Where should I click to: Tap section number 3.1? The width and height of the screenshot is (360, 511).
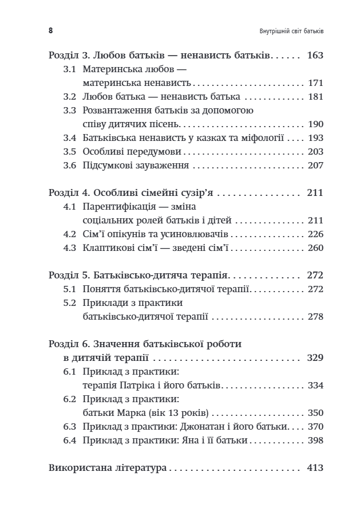pyautogui.click(x=70, y=69)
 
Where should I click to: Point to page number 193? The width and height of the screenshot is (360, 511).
pyautogui.click(x=315, y=138)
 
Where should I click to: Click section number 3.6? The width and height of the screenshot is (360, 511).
pyautogui.click(x=70, y=166)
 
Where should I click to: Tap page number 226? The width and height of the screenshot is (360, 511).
pyautogui.click(x=315, y=234)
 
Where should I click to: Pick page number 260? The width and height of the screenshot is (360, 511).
pyautogui.click(x=315, y=248)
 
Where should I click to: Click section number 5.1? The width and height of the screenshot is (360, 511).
pyautogui.click(x=70, y=289)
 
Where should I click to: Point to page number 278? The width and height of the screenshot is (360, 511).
pyautogui.click(x=315, y=317)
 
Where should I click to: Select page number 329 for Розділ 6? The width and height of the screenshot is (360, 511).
pyautogui.click(x=315, y=358)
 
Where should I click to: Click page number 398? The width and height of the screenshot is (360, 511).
pyautogui.click(x=315, y=441)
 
